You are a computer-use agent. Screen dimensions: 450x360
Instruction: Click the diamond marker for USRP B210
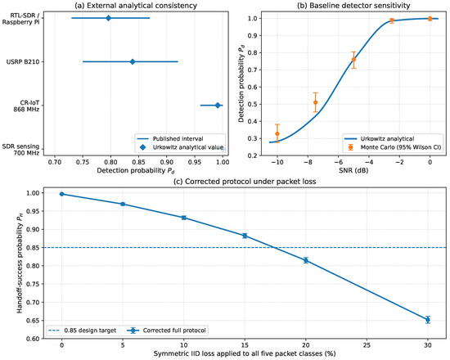133,61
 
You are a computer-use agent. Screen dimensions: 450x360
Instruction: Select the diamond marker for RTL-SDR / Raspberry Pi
108,18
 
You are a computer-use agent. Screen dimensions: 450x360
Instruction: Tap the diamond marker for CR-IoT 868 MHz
218,106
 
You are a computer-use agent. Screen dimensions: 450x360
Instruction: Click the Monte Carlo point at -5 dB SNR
353,60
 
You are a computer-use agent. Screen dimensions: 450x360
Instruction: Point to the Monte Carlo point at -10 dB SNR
277,134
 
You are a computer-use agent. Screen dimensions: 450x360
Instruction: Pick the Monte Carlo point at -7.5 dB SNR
315,102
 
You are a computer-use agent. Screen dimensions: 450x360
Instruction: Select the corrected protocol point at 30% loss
428,320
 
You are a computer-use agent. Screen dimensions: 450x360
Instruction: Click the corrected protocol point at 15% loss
245,236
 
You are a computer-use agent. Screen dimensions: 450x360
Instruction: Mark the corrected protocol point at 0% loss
61,194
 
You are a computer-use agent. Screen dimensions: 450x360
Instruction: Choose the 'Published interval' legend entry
170,139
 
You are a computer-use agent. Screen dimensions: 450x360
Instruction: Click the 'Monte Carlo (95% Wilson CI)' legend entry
393,147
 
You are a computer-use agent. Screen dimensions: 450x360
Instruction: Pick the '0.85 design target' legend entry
82,331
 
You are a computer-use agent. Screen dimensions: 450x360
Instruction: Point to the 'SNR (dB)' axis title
353,170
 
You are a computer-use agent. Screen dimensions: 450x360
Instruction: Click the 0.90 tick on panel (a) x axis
167,162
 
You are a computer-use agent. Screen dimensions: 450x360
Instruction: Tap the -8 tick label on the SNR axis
308,162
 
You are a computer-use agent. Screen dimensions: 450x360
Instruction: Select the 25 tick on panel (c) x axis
367,345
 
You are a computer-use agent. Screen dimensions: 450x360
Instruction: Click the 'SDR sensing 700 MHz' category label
20,150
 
